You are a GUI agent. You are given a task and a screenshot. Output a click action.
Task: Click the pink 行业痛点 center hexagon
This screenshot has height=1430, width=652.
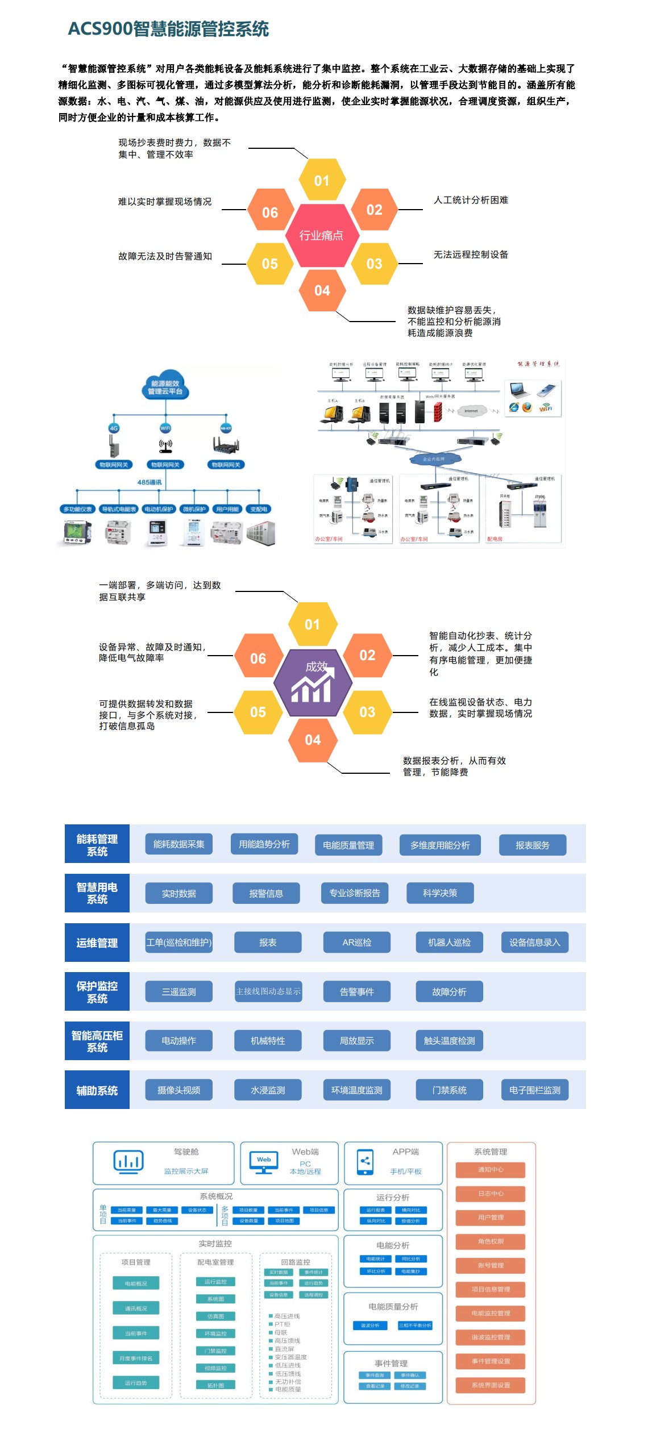click(321, 235)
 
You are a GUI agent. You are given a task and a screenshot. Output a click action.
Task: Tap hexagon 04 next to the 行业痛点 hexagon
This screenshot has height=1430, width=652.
click(322, 290)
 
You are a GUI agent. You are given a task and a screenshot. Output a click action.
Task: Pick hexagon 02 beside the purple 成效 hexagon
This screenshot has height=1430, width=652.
click(367, 656)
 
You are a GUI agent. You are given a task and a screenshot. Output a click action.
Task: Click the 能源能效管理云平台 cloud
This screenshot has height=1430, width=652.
click(165, 387)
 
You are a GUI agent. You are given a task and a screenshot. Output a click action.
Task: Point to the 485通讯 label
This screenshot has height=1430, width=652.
click(149, 482)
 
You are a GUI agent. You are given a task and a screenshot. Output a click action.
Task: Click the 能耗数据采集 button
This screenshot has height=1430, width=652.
click(178, 844)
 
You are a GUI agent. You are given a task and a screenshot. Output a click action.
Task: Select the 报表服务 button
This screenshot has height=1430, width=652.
click(533, 845)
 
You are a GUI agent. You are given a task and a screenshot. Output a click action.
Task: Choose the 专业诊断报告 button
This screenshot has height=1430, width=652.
click(355, 893)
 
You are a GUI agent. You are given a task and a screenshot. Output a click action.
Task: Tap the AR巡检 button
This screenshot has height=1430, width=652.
click(357, 943)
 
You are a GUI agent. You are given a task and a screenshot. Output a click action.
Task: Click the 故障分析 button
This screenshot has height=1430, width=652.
click(449, 992)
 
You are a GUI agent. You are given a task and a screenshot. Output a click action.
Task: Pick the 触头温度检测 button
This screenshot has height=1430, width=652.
click(449, 1041)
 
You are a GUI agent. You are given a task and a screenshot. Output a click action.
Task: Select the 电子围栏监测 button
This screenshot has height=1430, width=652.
click(534, 1090)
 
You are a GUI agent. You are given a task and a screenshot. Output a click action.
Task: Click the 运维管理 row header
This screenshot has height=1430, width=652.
click(97, 943)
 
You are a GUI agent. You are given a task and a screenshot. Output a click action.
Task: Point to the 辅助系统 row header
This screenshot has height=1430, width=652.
click(97, 1090)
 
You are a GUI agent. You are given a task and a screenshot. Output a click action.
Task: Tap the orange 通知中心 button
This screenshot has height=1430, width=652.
click(491, 1170)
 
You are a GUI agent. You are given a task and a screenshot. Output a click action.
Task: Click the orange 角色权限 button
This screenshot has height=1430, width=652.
click(491, 1241)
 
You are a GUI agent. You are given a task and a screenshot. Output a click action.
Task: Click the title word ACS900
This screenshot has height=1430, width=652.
click(100, 28)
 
